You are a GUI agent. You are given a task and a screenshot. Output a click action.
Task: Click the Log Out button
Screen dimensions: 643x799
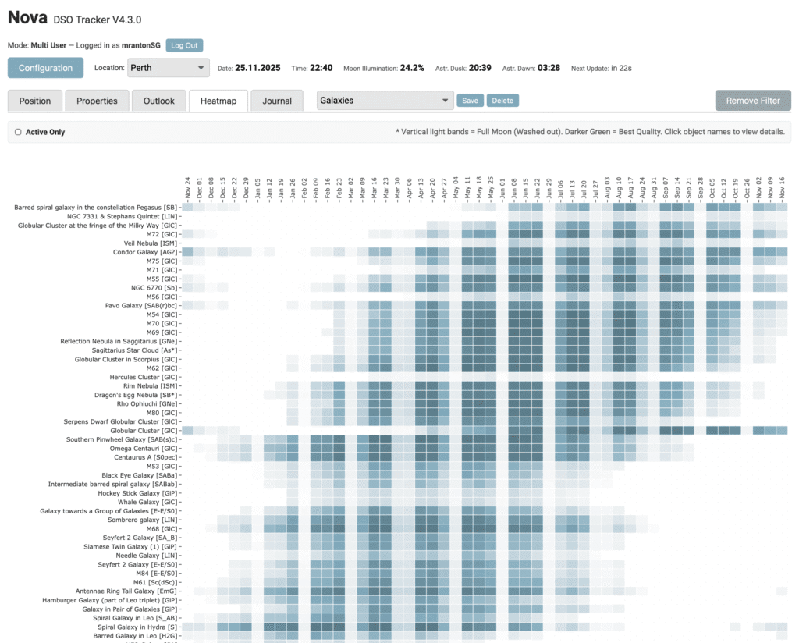(184, 45)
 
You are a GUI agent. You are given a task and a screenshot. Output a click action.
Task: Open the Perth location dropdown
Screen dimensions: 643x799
(168, 68)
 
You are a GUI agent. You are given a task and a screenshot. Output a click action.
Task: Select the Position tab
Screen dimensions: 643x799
(34, 101)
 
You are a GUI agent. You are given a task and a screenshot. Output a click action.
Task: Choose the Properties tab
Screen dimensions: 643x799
(97, 101)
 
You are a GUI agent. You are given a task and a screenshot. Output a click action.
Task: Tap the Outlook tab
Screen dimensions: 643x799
(159, 101)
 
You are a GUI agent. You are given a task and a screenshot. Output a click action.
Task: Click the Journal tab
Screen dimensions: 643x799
(277, 101)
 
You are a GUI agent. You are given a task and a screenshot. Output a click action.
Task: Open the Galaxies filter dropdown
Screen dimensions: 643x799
(385, 101)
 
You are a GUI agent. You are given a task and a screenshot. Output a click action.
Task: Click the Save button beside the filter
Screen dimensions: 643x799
(470, 101)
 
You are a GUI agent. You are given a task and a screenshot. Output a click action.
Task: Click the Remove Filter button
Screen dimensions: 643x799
(753, 101)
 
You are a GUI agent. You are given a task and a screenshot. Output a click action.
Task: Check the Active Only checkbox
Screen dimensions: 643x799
(18, 132)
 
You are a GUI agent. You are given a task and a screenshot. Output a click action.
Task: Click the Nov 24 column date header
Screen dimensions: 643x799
(187, 188)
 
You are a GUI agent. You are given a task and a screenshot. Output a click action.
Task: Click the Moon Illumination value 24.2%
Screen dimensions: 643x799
(412, 68)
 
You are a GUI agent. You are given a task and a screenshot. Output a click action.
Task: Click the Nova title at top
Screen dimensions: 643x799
(27, 16)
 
